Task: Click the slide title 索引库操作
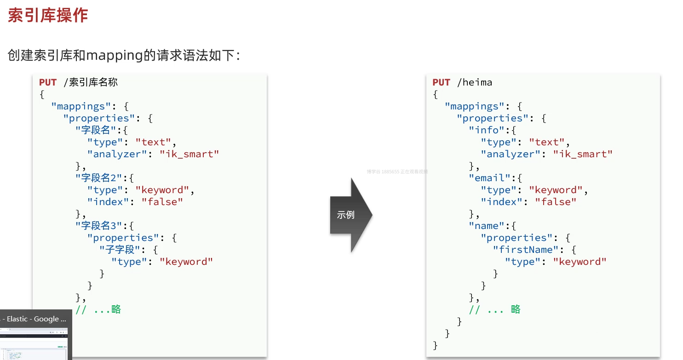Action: click(48, 15)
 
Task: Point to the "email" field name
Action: click(486, 178)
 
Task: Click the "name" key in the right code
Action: click(486, 226)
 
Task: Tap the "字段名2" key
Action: click(99, 178)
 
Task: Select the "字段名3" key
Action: click(99, 226)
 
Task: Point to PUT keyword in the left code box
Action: click(48, 82)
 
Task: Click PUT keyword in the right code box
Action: click(441, 82)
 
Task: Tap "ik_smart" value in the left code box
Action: click(189, 154)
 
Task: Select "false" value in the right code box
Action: click(555, 202)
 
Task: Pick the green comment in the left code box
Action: click(98, 309)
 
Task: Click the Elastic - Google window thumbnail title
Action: click(33, 319)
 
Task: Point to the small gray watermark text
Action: click(397, 171)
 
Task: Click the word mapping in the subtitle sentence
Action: click(114, 56)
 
